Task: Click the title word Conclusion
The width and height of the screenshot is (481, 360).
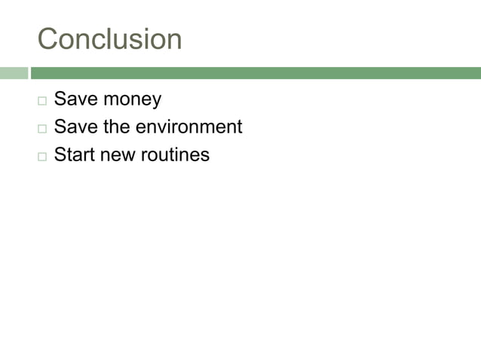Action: [x=109, y=39]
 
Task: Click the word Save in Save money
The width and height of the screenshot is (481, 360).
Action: [x=75, y=99]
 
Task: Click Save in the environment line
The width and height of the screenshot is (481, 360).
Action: [x=75, y=127]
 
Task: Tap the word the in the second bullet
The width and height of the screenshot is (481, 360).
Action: [x=116, y=127]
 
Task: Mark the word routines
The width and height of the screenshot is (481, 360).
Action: [x=175, y=155]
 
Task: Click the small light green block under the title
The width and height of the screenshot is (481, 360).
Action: [x=13, y=73]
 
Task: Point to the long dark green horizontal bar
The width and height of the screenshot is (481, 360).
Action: [x=256, y=73]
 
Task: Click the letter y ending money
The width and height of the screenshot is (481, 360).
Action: [x=156, y=101]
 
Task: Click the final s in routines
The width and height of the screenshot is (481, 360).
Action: [x=205, y=156]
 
